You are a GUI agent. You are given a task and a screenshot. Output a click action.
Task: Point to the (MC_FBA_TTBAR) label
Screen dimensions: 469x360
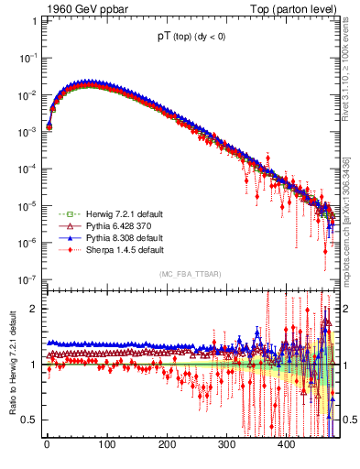click(191, 274)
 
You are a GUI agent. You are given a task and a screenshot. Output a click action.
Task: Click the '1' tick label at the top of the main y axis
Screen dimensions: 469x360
click(34, 20)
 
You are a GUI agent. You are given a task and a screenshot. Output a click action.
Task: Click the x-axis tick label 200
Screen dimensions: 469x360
click(167, 445)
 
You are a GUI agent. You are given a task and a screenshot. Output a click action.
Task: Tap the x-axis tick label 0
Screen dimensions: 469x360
click(47, 445)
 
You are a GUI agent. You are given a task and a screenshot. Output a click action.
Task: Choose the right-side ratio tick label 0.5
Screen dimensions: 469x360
click(349, 420)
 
